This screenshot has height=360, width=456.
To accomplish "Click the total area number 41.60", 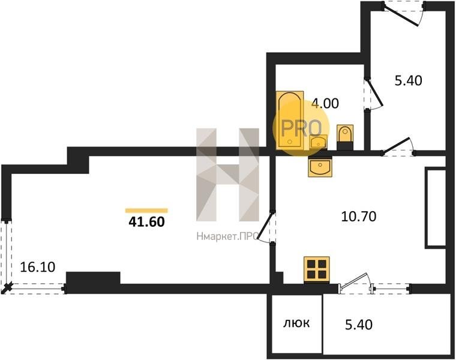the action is (x=146, y=222).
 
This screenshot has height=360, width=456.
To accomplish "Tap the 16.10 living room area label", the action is (x=38, y=267).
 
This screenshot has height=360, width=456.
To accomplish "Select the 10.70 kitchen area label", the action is (x=359, y=217).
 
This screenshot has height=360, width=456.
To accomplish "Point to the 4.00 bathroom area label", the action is (x=325, y=104).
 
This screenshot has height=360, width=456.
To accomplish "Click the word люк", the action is (x=296, y=323).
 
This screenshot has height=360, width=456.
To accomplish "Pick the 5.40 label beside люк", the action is (x=359, y=325).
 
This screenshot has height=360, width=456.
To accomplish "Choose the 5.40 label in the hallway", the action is (x=409, y=80).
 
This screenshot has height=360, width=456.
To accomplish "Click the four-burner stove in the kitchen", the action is (x=317, y=269).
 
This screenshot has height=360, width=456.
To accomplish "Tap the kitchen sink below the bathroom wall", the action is (x=320, y=167).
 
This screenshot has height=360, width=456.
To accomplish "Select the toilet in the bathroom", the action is (x=345, y=137).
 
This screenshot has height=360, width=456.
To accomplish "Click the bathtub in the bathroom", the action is (x=290, y=120).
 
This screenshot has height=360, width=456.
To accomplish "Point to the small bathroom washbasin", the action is (x=318, y=142).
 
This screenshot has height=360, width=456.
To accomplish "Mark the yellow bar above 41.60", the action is (x=146, y=211).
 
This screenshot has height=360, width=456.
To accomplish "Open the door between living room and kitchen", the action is (x=265, y=227).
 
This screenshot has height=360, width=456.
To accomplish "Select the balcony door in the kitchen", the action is (x=355, y=281).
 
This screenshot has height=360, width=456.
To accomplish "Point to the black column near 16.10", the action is (x=93, y=278).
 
